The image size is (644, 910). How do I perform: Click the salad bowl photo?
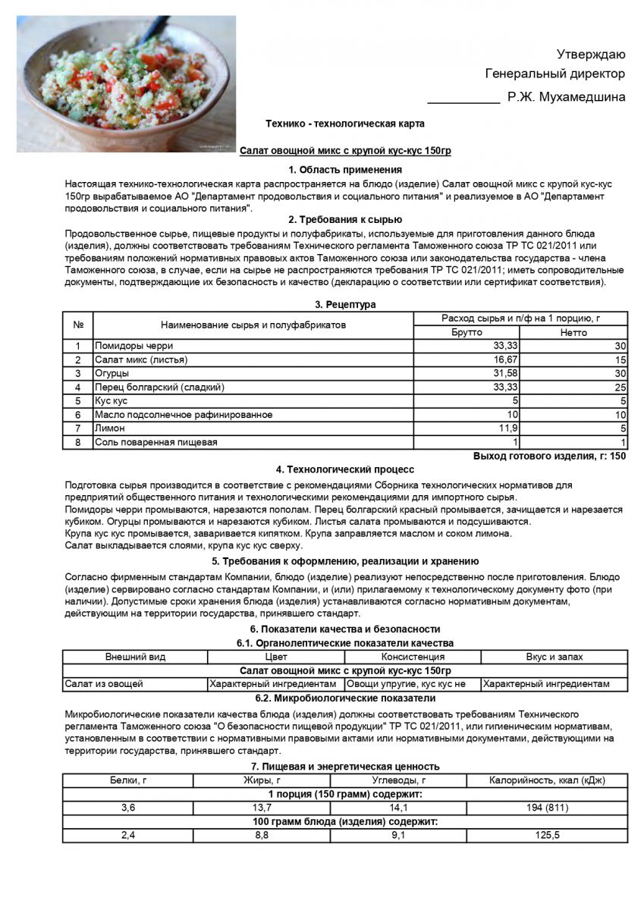126,83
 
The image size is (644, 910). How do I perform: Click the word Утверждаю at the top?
591,54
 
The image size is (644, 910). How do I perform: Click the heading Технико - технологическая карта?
345,124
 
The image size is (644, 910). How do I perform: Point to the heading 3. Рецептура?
345,305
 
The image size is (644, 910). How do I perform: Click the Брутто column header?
467,332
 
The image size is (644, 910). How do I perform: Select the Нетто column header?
573,332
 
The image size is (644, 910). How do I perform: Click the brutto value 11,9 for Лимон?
507,428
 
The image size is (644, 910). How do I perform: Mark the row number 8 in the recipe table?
77,442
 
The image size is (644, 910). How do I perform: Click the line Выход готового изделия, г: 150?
549,456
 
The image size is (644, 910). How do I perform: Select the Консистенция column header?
413,657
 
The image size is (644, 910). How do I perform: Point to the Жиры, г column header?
262,780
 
